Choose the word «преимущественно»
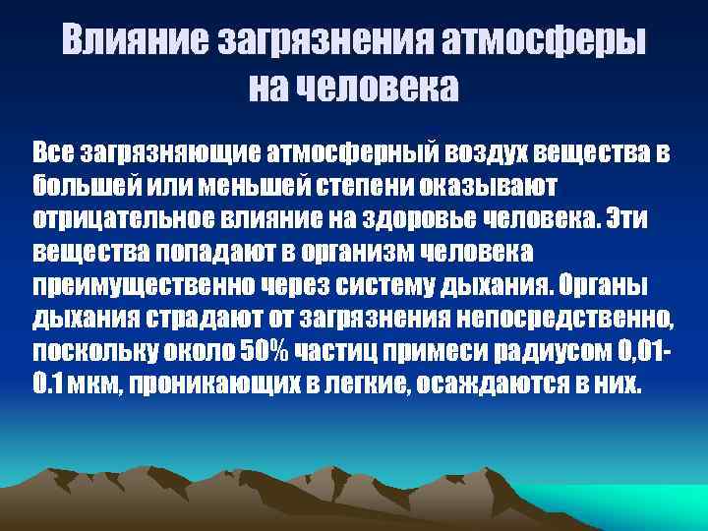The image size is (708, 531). tap(138, 284)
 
